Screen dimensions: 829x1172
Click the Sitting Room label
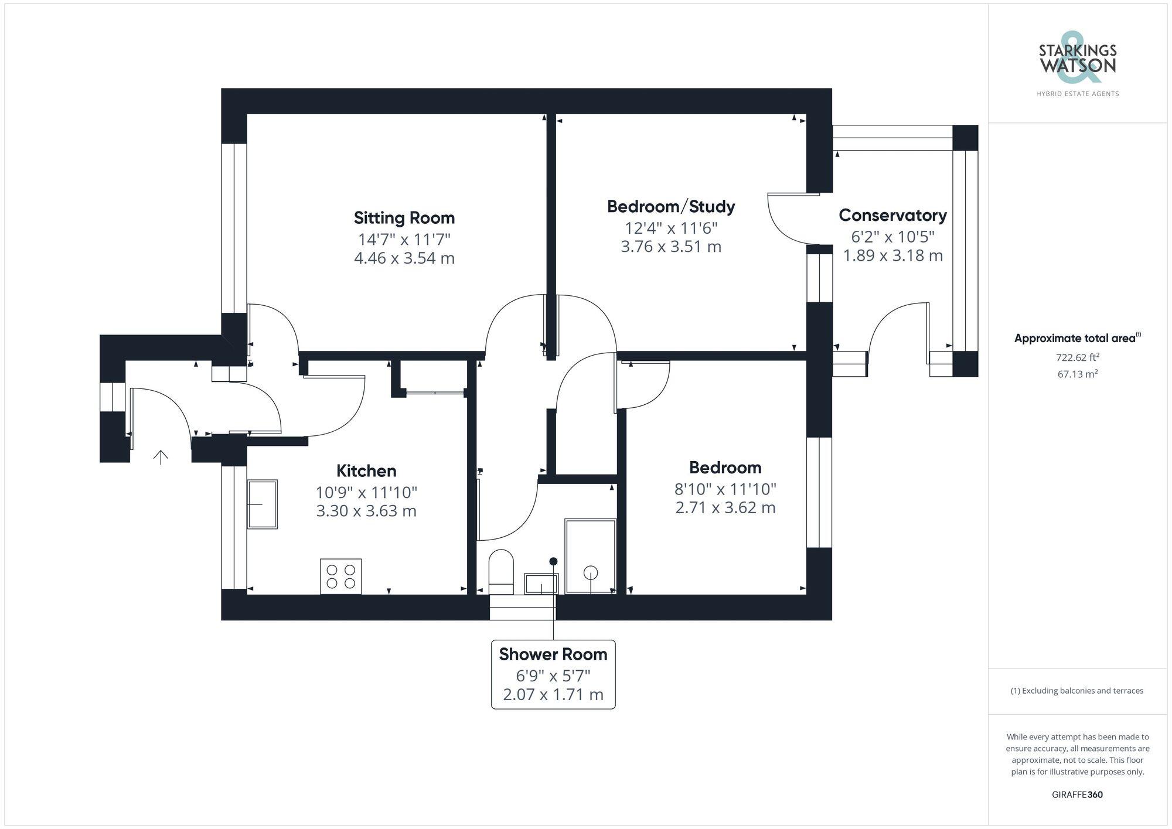[404, 218]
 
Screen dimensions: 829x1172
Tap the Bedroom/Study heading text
[670, 206]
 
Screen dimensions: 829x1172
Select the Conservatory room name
[892, 215]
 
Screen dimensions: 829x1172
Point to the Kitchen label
[366, 470]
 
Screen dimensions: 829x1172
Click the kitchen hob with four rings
[340, 576]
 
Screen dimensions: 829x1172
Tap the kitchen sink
[262, 504]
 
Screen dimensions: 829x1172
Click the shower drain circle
[590, 572]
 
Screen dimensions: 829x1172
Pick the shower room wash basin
[541, 584]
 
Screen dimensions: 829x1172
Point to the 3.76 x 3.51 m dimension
[670, 247]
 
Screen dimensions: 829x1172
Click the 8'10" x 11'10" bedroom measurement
[725, 489]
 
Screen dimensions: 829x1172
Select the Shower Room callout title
[553, 654]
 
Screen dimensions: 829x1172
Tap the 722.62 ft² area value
[1077, 357]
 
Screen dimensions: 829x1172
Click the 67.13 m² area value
[1077, 374]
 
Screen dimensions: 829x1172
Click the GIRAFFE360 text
[1077, 794]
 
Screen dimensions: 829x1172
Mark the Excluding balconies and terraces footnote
[1076, 691]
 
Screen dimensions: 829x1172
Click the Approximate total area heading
[1076, 338]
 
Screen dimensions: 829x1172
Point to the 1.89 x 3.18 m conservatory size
[892, 255]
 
